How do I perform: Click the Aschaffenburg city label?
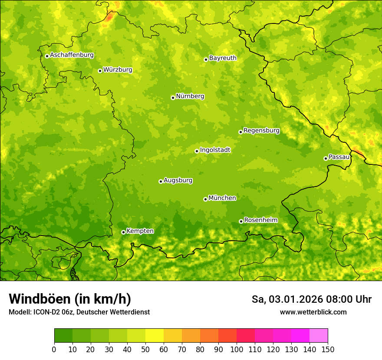[72, 55]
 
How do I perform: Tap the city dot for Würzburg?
[100, 71]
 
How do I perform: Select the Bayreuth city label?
[223, 58]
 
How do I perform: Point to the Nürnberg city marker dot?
[173, 98]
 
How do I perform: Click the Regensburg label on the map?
[261, 131]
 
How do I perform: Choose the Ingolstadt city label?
[215, 150]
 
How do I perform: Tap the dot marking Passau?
[326, 158]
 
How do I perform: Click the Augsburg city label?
[178, 180]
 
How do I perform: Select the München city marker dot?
[205, 199]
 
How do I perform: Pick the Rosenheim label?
[260, 220]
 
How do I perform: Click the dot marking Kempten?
[123, 232]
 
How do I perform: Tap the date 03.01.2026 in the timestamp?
[291, 299]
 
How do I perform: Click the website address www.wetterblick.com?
[313, 312]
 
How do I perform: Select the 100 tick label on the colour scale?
[237, 350]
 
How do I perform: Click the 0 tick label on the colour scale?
[54, 350]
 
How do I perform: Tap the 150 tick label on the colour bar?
[328, 350]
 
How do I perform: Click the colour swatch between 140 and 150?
[319, 336]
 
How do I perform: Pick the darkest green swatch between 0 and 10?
[63, 336]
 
